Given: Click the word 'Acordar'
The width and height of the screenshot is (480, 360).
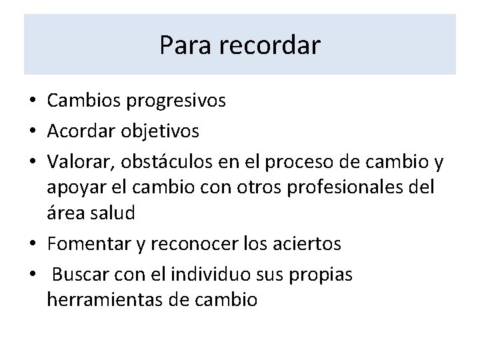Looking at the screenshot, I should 79,131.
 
